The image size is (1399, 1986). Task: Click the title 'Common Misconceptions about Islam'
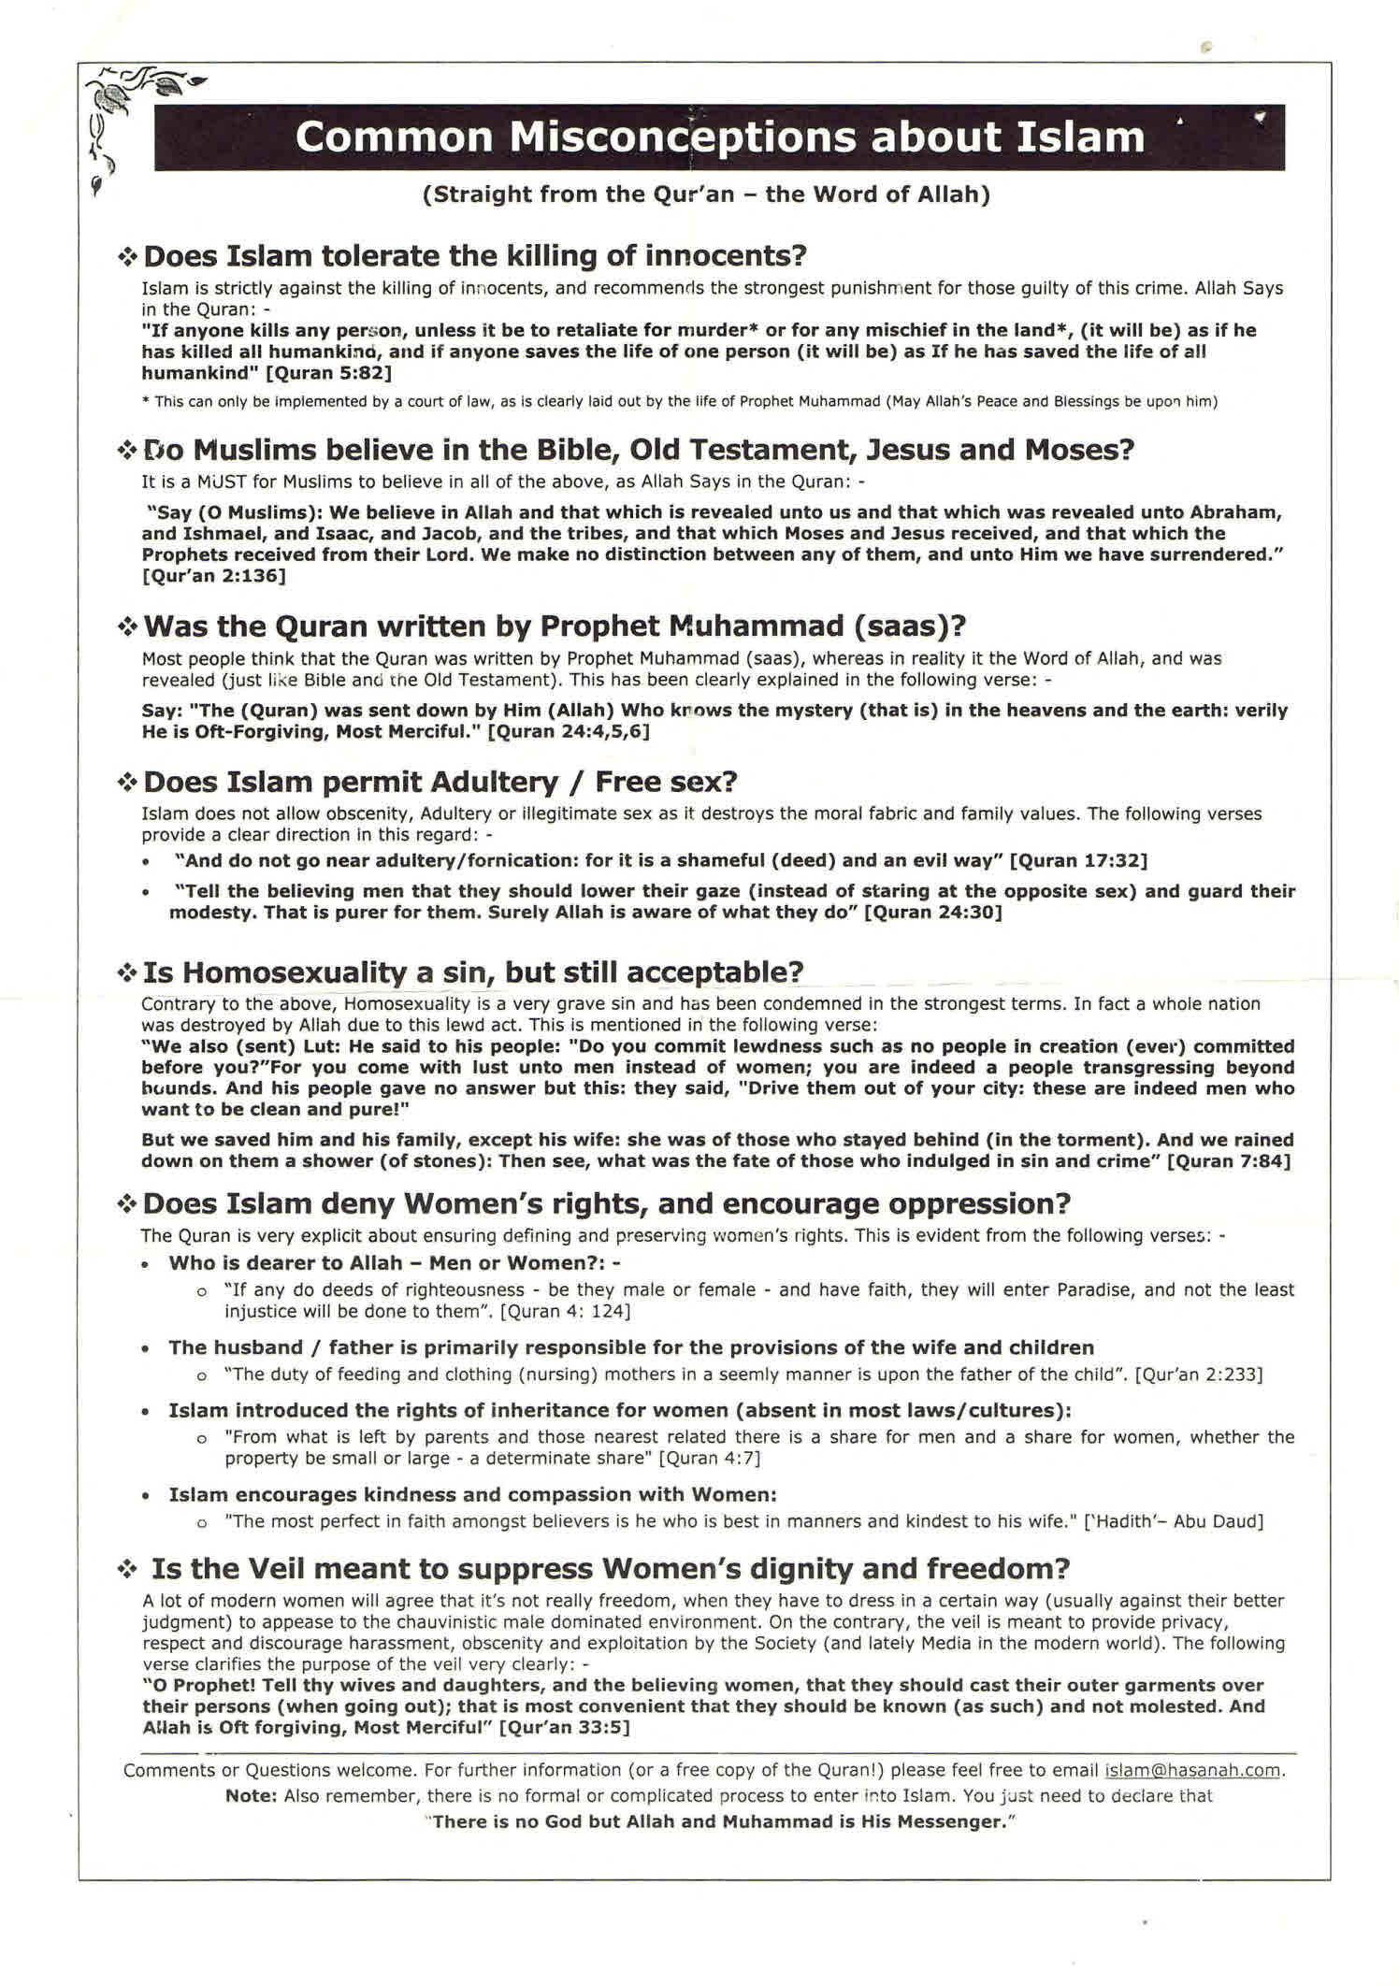click(x=719, y=137)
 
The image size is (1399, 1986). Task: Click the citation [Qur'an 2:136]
click(x=214, y=575)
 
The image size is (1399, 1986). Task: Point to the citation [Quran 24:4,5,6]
click(x=569, y=731)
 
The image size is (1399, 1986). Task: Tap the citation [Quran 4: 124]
click(x=566, y=1311)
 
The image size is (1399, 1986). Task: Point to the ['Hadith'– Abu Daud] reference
click(x=1173, y=1520)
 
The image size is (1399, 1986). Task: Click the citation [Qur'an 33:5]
click(x=564, y=1727)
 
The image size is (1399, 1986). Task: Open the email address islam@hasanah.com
click(x=1192, y=1770)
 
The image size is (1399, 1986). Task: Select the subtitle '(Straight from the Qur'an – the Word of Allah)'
click(x=706, y=194)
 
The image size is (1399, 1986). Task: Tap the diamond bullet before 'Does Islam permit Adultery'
click(x=127, y=783)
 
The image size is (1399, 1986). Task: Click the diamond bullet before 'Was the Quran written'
click(x=127, y=626)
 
